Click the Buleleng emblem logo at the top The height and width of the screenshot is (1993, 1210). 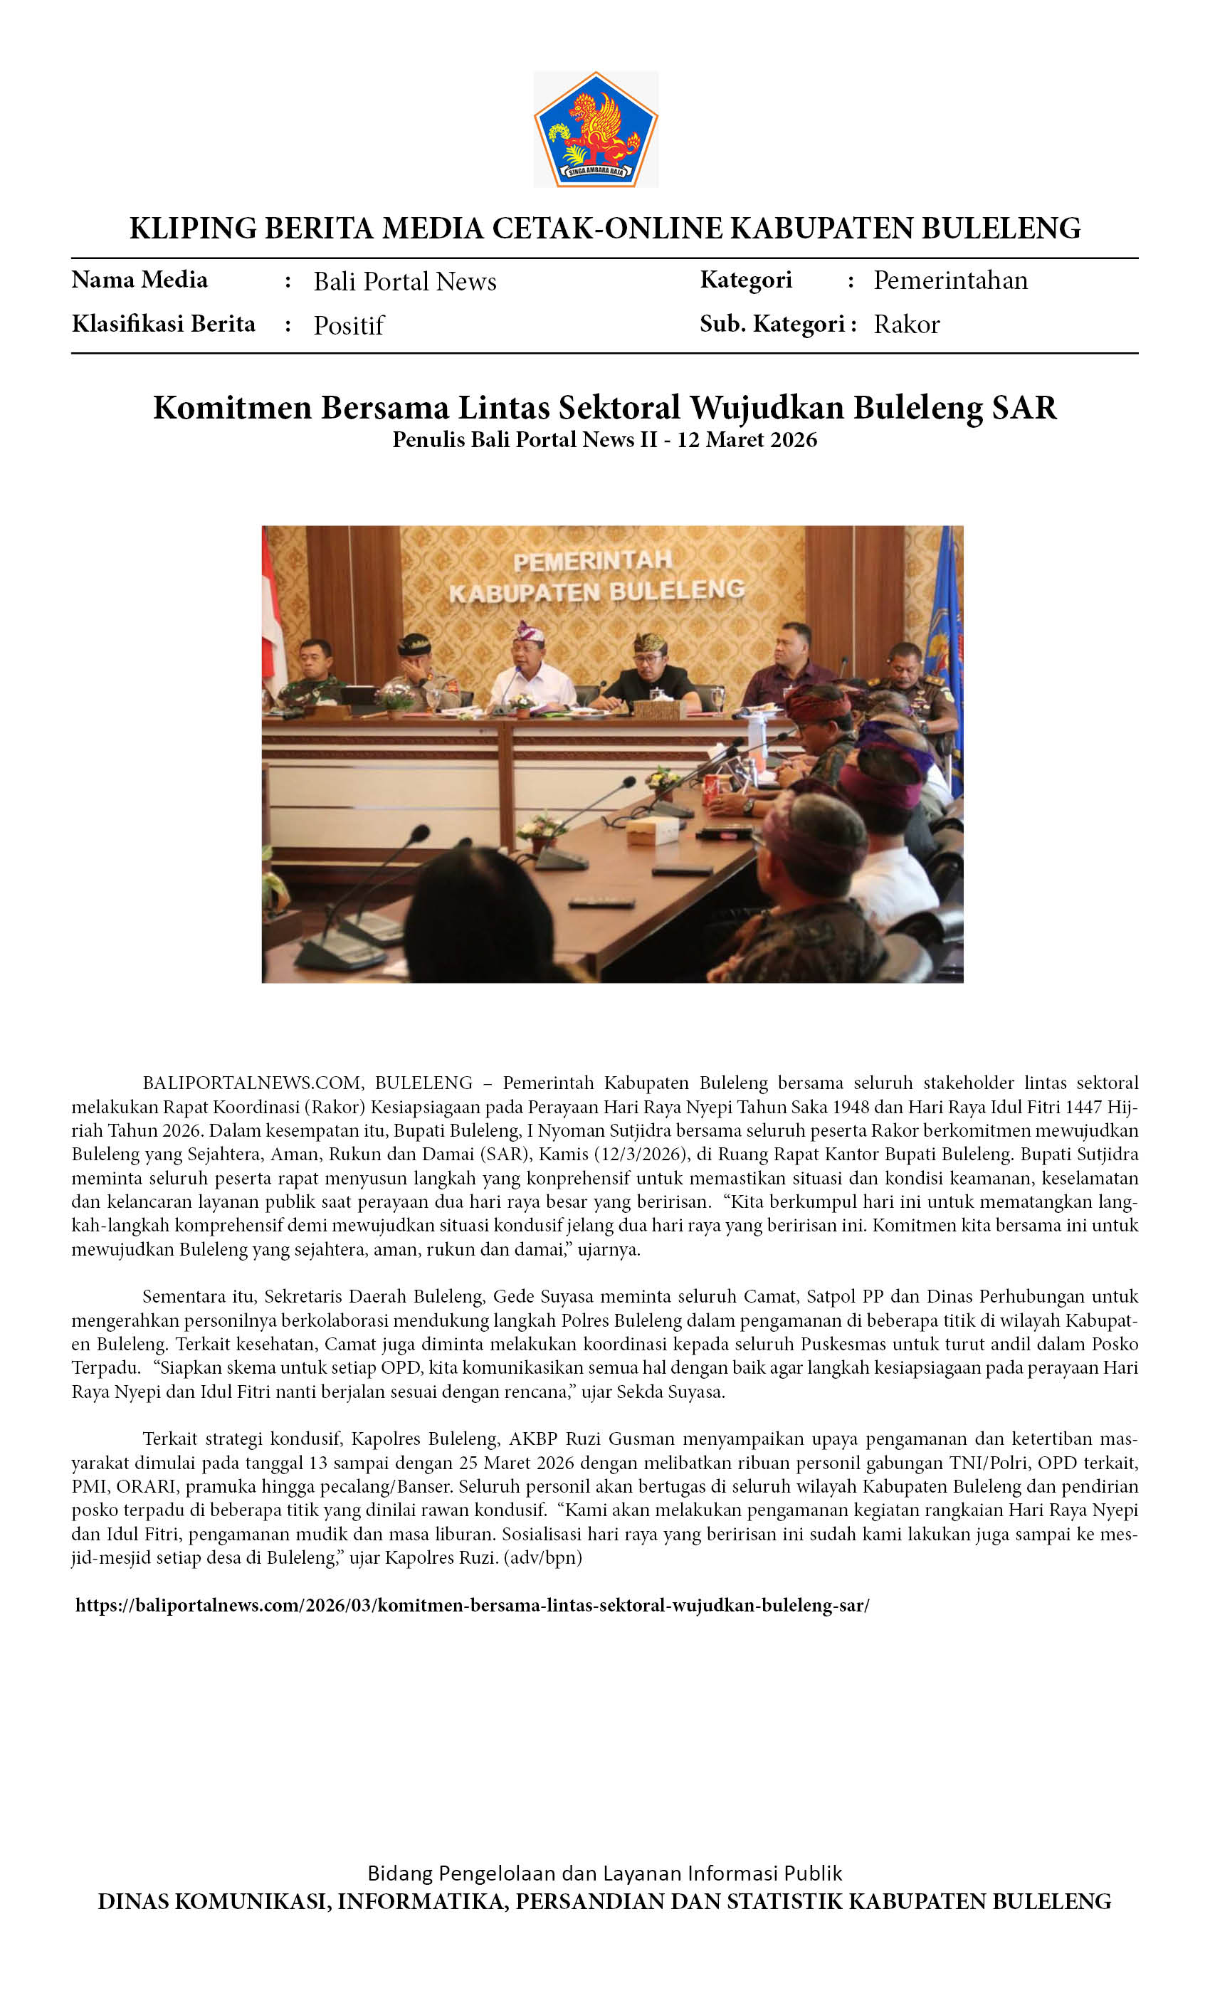click(x=595, y=130)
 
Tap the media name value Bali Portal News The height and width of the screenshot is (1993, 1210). click(x=404, y=281)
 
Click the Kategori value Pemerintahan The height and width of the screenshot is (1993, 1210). click(x=949, y=280)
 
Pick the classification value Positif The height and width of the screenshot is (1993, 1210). click(x=349, y=325)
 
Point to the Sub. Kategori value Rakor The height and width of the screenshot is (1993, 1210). click(x=906, y=325)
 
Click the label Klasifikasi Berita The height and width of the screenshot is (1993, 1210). click(x=164, y=324)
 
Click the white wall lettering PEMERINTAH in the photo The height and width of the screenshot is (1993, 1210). click(x=592, y=561)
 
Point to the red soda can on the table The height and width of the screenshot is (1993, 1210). click(x=712, y=789)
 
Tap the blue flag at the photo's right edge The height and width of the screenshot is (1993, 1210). click(x=945, y=647)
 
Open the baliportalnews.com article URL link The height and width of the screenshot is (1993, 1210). click(x=473, y=1606)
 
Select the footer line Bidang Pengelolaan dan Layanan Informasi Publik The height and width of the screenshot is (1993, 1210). click(x=604, y=1873)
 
